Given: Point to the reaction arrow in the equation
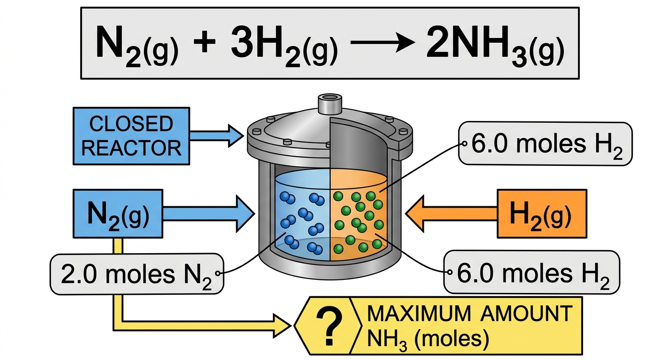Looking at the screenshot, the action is (383, 43).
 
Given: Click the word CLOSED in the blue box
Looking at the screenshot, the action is (131, 124).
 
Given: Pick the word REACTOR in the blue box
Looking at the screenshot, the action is (131, 148).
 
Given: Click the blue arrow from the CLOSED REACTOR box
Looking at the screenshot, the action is (217, 136).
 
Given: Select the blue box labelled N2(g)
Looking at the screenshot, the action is (118, 214).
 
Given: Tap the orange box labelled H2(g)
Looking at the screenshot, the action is (542, 214).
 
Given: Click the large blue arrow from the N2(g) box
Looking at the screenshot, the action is (209, 214).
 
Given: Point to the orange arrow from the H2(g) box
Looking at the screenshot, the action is (451, 214).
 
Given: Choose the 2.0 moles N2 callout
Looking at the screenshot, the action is (137, 274).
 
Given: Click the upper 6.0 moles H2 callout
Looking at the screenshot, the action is (545, 144).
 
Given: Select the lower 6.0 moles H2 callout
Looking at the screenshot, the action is (532, 272).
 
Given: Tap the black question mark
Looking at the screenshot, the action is (329, 326).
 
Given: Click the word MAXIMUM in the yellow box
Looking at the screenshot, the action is (419, 314).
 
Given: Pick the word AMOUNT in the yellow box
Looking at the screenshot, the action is (527, 314).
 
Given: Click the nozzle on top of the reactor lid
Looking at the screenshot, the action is (330, 104).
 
